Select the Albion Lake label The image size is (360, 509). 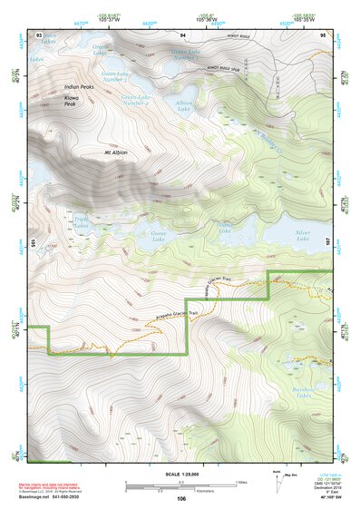(x=184, y=107)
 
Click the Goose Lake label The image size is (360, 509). (x=149, y=235)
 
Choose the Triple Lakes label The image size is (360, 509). (x=81, y=221)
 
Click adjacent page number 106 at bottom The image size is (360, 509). (x=180, y=499)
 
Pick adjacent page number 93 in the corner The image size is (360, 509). (x=39, y=34)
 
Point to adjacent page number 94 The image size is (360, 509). (x=182, y=34)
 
